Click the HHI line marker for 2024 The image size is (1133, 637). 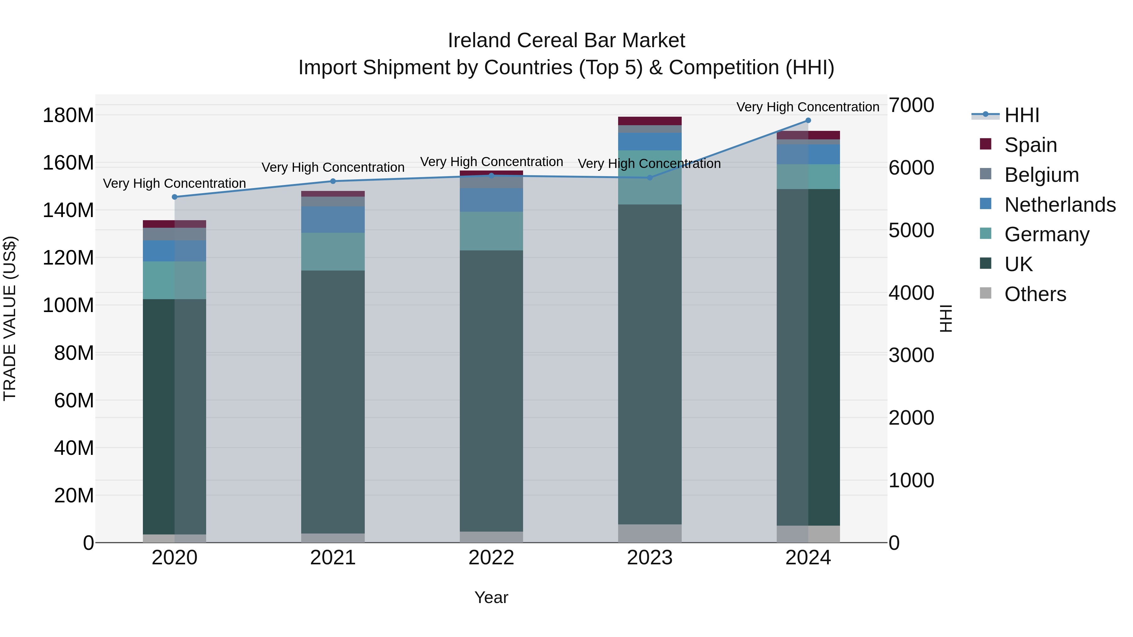pos(808,120)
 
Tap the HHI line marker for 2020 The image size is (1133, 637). pos(175,197)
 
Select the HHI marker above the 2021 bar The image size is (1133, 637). pos(333,181)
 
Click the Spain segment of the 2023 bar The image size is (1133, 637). pos(650,121)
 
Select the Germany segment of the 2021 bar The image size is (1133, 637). pos(333,251)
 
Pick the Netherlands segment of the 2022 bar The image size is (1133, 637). pos(491,200)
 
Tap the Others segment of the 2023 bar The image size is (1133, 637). pos(650,533)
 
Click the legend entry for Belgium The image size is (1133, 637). pos(1041,175)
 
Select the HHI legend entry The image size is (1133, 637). pos(1021,115)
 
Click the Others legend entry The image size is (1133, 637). pos(1035,294)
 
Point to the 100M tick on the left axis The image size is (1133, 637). pos(68,305)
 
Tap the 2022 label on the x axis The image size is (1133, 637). pos(491,558)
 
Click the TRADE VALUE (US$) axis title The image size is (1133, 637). pos(10,318)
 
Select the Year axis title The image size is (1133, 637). pos(491,597)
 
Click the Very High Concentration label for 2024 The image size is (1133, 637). pos(808,107)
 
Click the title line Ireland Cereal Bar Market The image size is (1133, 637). pos(566,41)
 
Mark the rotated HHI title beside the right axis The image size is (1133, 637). pos(946,318)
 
